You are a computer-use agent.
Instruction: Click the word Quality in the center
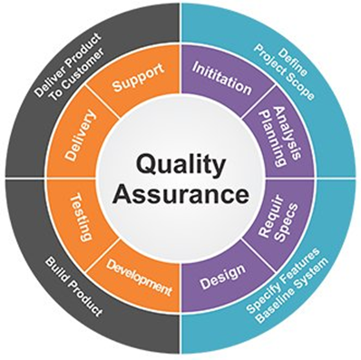[180, 164]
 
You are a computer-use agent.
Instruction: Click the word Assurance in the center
[180, 193]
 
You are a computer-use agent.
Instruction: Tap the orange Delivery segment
[83, 137]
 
